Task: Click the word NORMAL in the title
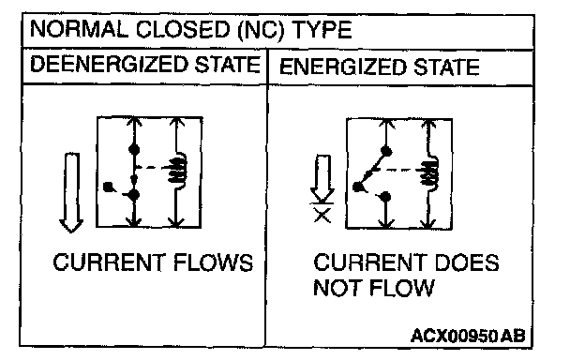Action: (x=79, y=29)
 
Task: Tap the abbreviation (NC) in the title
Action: (x=261, y=30)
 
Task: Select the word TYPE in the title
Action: (x=322, y=29)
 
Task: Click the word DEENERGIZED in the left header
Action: (x=109, y=65)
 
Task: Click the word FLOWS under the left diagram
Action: (x=214, y=262)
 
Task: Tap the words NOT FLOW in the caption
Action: (x=374, y=288)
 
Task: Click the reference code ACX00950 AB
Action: (x=468, y=336)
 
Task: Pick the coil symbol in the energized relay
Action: (x=430, y=172)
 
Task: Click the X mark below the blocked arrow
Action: (x=322, y=216)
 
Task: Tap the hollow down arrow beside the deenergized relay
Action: (x=71, y=193)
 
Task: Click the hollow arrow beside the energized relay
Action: (x=322, y=178)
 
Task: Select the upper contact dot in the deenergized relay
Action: (x=134, y=149)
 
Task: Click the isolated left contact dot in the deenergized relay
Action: (x=108, y=187)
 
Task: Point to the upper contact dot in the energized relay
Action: (x=386, y=151)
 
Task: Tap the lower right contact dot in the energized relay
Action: (x=385, y=197)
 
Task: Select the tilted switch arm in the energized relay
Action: (x=371, y=170)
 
